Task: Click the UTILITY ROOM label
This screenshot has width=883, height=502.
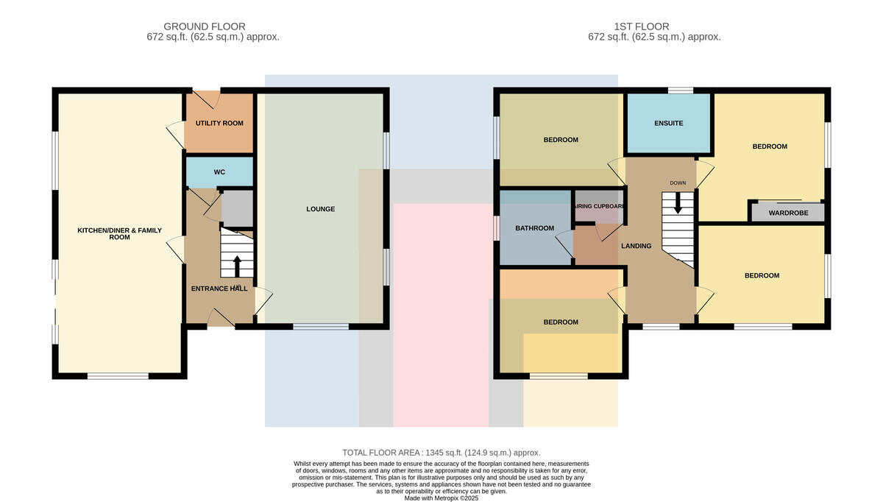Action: pyautogui.click(x=219, y=124)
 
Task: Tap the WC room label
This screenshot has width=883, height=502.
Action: pyautogui.click(x=219, y=172)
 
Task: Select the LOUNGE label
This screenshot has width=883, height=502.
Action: pyautogui.click(x=321, y=209)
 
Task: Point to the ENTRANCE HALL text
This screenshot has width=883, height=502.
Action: pyautogui.click(x=219, y=289)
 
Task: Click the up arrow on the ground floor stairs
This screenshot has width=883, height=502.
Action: pyautogui.click(x=237, y=266)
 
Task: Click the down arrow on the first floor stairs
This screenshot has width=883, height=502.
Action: pyautogui.click(x=678, y=203)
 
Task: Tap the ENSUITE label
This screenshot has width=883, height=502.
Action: pyautogui.click(x=669, y=124)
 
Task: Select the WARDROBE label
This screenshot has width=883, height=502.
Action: pyautogui.click(x=788, y=213)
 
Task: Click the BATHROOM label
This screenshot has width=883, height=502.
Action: pyautogui.click(x=534, y=228)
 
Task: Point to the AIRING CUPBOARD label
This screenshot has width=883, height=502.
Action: pyautogui.click(x=600, y=206)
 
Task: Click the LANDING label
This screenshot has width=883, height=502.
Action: pyautogui.click(x=636, y=246)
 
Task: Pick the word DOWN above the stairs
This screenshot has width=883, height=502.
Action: pyautogui.click(x=678, y=183)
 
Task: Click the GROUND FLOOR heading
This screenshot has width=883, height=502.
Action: pyautogui.click(x=205, y=26)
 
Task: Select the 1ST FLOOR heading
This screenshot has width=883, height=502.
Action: pyautogui.click(x=642, y=26)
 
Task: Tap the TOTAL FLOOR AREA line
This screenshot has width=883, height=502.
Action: pyautogui.click(x=441, y=453)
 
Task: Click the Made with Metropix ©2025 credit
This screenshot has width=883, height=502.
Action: pyautogui.click(x=441, y=498)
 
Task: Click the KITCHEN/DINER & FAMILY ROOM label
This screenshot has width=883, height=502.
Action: pyautogui.click(x=119, y=233)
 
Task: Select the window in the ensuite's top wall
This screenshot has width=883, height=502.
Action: pyautogui.click(x=681, y=91)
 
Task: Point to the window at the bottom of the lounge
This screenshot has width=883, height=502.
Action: pyautogui.click(x=321, y=327)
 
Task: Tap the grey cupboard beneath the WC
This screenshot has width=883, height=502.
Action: pyautogui.click(x=237, y=209)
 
